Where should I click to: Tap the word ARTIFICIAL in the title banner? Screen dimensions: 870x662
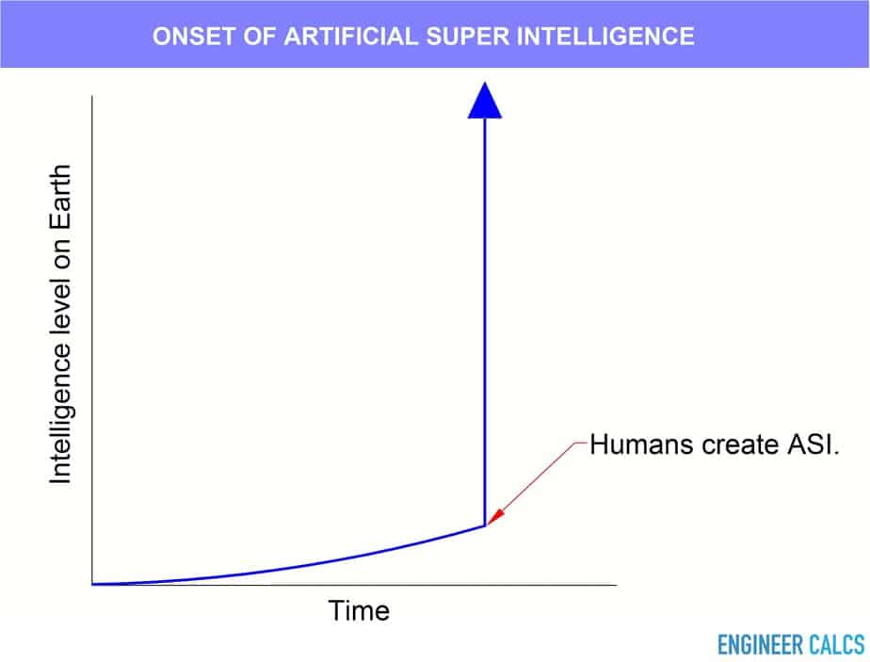coord(350,37)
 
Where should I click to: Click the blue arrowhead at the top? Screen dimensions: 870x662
coord(484,101)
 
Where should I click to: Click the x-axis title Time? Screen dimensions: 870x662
coord(359,611)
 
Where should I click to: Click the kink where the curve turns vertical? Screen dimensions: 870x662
coord(485,525)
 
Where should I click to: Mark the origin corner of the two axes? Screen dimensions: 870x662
coord(92,585)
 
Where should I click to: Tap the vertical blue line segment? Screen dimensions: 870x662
coord(484,322)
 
